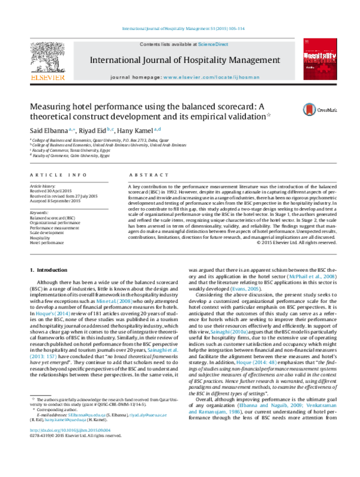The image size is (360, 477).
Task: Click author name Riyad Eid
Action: (95, 130)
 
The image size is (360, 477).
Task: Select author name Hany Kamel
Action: (136, 130)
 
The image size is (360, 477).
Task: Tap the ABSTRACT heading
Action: (142, 175)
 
